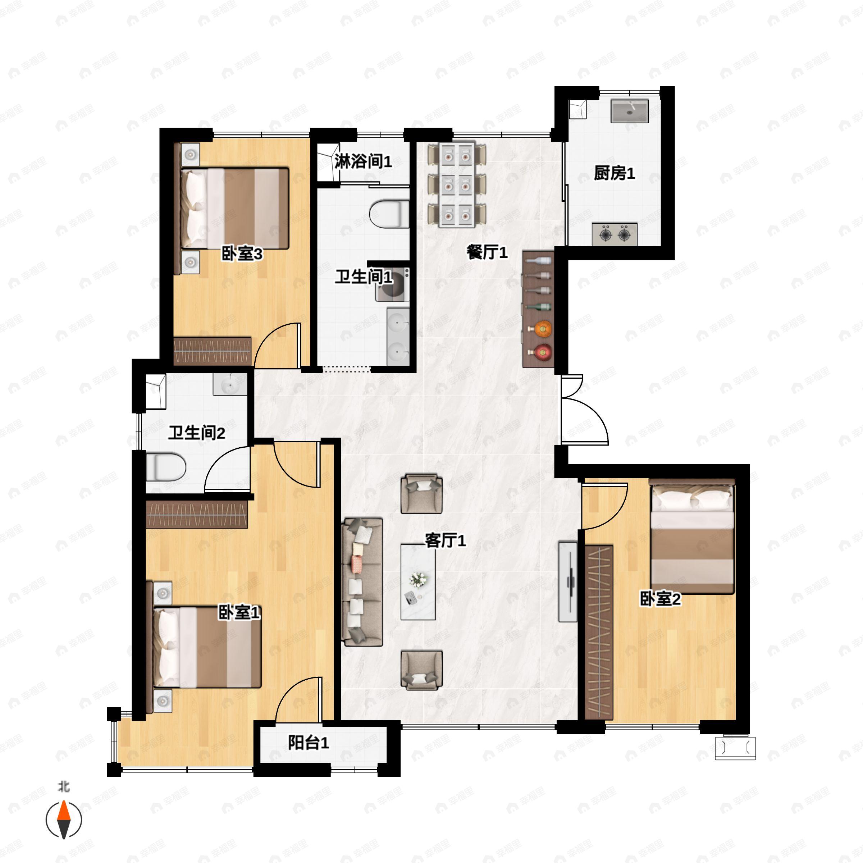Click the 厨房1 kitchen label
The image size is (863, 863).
coord(614,173)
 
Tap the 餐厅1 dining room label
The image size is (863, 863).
coord(487,252)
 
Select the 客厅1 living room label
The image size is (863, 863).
coord(445,540)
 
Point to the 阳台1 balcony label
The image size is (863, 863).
coord(308,743)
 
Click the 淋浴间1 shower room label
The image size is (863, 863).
coord(363,161)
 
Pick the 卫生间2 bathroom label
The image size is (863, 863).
coord(197,432)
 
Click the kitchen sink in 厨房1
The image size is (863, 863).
coord(629,111)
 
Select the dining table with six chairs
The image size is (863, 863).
coord(457,186)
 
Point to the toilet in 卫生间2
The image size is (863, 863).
coord(165,467)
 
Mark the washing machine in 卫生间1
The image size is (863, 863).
coord(392,284)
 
